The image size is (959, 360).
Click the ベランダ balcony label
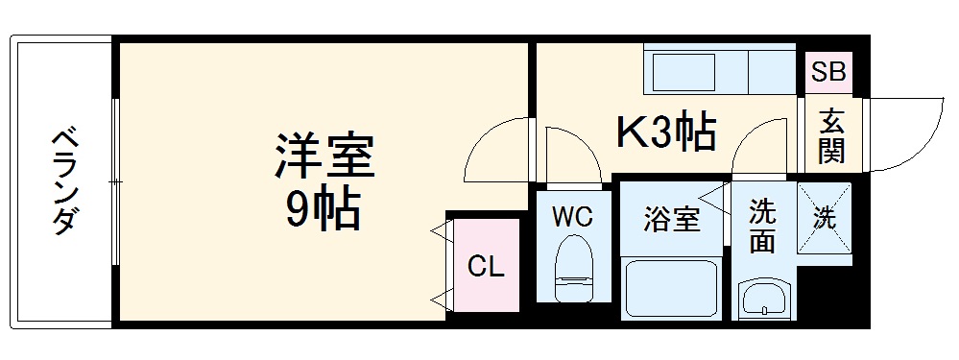click(64, 180)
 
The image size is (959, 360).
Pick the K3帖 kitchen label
click(664, 133)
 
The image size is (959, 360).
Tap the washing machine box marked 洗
click(825, 220)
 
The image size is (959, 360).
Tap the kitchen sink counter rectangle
click(683, 71)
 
